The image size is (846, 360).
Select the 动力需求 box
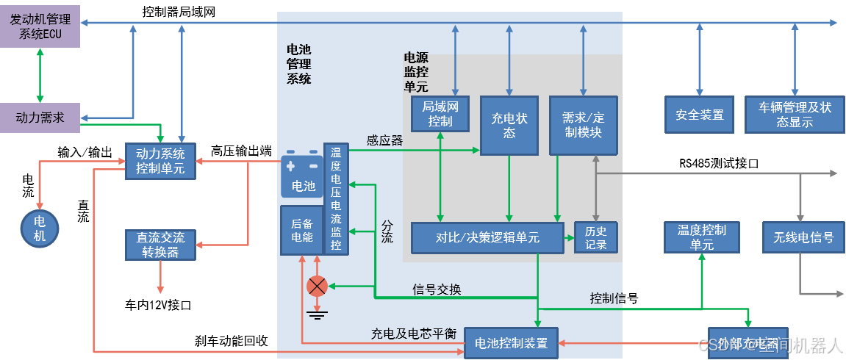point(40,118)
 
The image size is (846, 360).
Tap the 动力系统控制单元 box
point(160,161)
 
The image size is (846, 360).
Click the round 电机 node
point(40,228)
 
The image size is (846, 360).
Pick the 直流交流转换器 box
point(160,245)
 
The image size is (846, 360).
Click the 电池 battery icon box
point(302,176)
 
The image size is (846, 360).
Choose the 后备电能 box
point(302,230)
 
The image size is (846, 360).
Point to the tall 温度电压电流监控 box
point(336,199)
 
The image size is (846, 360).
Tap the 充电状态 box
point(509,126)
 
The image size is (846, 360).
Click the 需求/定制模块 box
point(583,126)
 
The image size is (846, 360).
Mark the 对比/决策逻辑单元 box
point(487,237)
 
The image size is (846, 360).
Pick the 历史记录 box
point(595,237)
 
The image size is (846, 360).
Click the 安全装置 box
point(699,115)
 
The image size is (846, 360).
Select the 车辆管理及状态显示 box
point(794,115)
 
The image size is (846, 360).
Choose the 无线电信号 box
point(803,237)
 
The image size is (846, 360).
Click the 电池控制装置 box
point(511,343)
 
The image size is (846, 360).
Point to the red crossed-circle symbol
point(317,286)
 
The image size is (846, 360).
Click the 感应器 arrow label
point(384,140)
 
